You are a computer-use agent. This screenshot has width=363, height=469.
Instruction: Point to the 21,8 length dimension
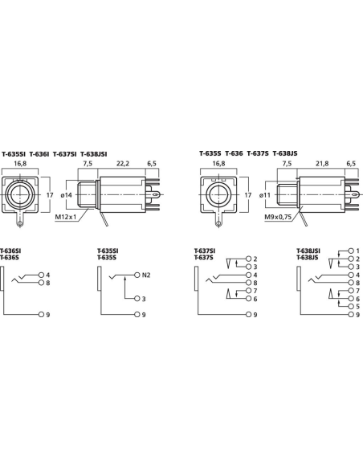322,161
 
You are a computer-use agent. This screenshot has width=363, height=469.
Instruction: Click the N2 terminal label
146,275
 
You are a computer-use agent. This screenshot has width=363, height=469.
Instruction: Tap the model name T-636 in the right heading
234,153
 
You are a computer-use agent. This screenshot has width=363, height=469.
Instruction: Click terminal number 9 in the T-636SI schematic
47,315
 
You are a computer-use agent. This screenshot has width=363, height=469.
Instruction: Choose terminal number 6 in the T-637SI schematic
253,299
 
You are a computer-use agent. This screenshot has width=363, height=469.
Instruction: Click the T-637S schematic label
204,257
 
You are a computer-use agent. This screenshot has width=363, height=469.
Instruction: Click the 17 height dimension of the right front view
247,195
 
